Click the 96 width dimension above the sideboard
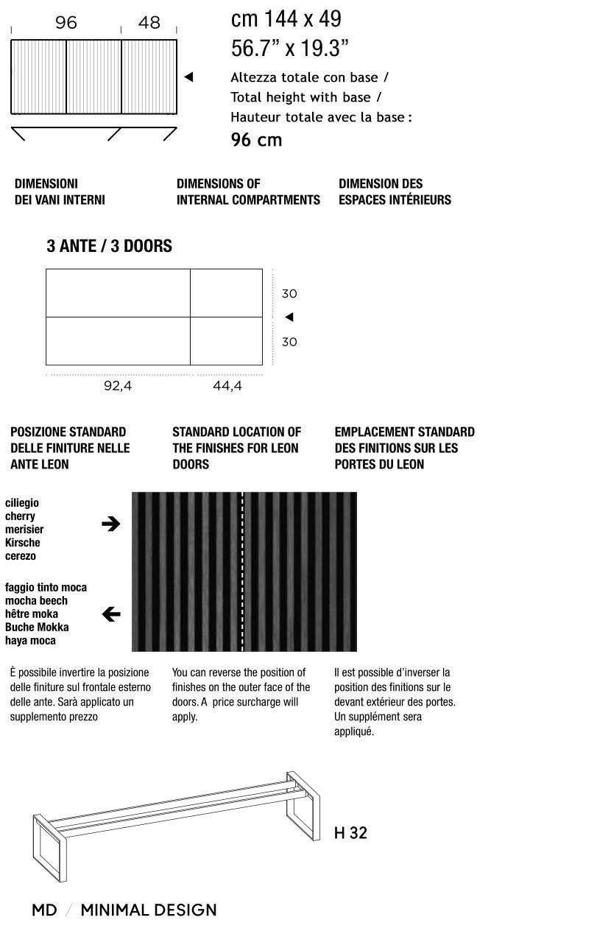coord(66,23)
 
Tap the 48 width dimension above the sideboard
coord(149,23)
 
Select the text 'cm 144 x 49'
coord(286,18)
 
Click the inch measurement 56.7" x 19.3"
coord(289,49)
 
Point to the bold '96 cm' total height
coord(256,140)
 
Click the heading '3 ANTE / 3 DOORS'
coord(109,246)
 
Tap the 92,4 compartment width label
coord(118,385)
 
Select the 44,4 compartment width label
coord(227,385)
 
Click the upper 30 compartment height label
coord(289,294)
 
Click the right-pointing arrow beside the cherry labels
coord(110,524)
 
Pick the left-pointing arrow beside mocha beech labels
coord(110,614)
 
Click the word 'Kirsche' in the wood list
coord(23,543)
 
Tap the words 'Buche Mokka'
coord(37,627)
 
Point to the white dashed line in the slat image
coord(243,572)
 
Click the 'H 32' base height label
coord(350,833)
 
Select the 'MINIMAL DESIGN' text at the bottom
coord(148,910)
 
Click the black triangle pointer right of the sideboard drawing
coord(188,77)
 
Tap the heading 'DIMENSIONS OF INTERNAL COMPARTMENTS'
coord(248,192)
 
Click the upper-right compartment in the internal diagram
coord(226,293)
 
